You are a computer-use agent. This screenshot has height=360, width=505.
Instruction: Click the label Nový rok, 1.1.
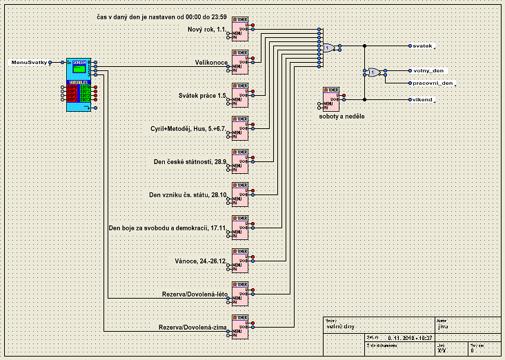tap(206, 30)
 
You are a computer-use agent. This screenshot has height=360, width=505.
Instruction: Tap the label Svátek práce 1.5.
tap(203, 95)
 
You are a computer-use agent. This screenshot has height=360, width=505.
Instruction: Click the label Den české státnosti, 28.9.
tap(190, 161)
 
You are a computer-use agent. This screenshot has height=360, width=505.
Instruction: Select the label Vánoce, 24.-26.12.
tap(201, 261)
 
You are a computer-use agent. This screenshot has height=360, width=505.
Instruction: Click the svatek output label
tap(422, 46)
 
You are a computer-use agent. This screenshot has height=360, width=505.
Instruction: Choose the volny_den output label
tap(428, 71)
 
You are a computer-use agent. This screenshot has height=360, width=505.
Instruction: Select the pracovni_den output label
tap(433, 83)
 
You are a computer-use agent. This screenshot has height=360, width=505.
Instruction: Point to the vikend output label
tap(422, 99)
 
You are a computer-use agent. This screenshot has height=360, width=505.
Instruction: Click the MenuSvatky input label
tap(29, 63)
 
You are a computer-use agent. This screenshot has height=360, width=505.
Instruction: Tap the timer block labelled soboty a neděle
tap(331, 99)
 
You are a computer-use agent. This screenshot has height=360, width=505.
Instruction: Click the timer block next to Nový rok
tap(240, 28)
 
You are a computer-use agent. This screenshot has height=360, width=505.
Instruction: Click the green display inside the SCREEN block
tap(79, 69)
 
